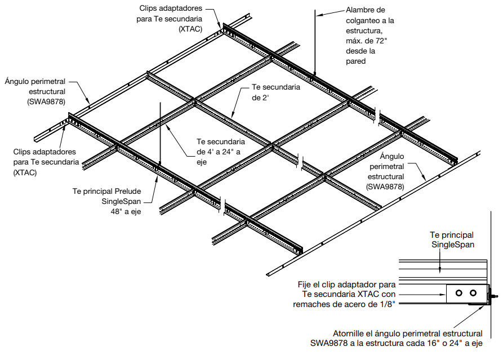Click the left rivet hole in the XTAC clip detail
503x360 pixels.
459,293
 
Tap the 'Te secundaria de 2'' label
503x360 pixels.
275,92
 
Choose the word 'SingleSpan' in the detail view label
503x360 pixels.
453,245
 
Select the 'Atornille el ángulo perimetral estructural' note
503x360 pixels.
407,333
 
